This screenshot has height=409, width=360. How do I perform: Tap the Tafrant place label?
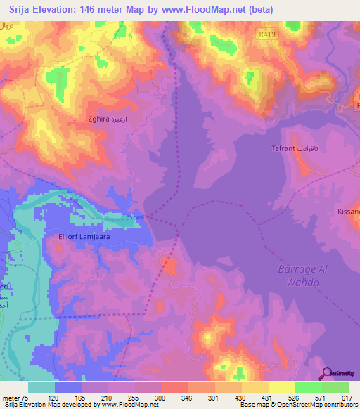pyautogui.click(x=290, y=149)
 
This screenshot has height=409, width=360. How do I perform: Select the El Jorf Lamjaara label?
pyautogui.click(x=84, y=238)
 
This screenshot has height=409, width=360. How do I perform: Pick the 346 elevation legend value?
pyautogui.click(x=188, y=397)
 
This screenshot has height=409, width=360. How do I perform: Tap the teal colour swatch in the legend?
pyautogui.click(x=41, y=387)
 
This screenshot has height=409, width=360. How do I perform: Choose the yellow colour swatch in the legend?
pyautogui.click(x=281, y=387)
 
